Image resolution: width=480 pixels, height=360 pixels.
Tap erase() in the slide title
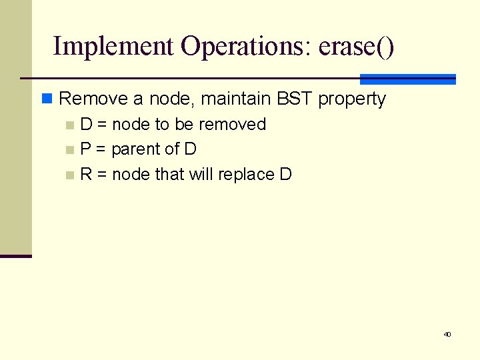pyautogui.click(x=357, y=47)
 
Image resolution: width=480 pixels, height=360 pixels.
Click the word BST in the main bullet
pyautogui.click(x=293, y=99)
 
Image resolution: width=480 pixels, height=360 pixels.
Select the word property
pyautogui.click(x=352, y=99)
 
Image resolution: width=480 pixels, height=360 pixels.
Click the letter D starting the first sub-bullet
pyautogui.click(x=86, y=124)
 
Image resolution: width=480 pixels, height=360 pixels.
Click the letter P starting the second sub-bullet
pyautogui.click(x=86, y=149)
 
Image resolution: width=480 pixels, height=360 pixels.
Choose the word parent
pyautogui.click(x=136, y=149)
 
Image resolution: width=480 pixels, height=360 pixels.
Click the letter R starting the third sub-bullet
pyautogui.click(x=86, y=174)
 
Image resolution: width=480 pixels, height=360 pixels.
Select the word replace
pyautogui.click(x=246, y=175)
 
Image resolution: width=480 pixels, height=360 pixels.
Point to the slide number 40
pyautogui.click(x=447, y=334)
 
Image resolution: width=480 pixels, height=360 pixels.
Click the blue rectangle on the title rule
pyautogui.click(x=407, y=79)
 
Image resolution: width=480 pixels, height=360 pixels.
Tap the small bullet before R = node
pyautogui.click(x=70, y=175)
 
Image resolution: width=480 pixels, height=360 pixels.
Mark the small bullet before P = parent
pyautogui.click(x=70, y=150)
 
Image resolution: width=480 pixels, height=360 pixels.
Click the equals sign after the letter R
pyautogui.click(x=102, y=175)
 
